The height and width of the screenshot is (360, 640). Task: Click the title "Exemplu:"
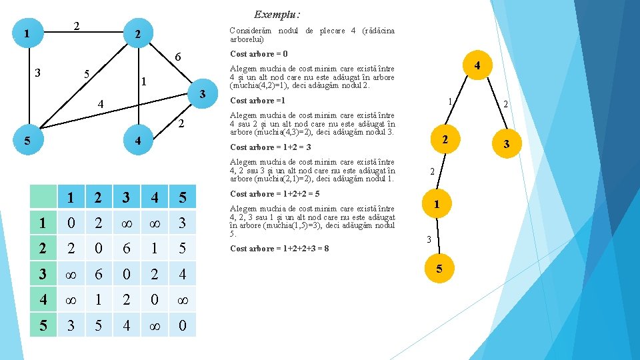click(x=277, y=14)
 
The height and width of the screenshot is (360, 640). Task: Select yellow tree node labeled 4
click(x=477, y=66)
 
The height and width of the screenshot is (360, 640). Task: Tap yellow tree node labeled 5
click(x=439, y=268)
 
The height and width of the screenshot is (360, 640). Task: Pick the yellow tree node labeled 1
click(x=437, y=205)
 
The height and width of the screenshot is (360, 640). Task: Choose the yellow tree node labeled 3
click(x=506, y=143)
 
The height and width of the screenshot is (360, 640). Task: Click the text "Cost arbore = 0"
click(x=259, y=54)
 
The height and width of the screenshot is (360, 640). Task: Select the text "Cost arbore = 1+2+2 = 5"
click(x=275, y=194)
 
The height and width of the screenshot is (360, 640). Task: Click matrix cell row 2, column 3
click(x=127, y=247)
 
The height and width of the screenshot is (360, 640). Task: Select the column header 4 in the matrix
click(x=155, y=197)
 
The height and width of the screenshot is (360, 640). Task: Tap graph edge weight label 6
click(x=178, y=58)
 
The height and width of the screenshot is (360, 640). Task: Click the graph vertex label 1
click(x=25, y=34)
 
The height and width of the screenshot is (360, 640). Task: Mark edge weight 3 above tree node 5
click(x=429, y=239)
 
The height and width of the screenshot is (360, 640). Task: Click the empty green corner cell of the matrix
click(x=43, y=197)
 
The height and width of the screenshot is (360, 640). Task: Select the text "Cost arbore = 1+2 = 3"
click(x=270, y=147)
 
